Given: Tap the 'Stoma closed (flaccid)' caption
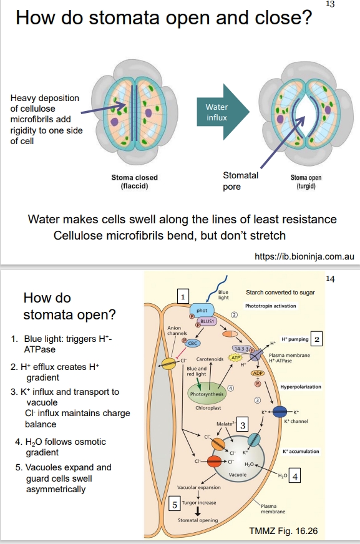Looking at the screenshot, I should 134,182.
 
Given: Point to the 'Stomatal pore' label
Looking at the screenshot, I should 240,181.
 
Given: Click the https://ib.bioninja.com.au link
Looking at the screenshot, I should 305,256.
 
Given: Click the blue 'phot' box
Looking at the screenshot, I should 202,310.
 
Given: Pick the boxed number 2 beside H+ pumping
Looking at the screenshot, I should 317,339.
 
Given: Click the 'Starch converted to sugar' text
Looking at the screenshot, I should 281,292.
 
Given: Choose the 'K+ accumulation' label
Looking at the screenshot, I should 301,450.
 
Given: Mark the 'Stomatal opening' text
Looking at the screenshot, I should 198,520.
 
